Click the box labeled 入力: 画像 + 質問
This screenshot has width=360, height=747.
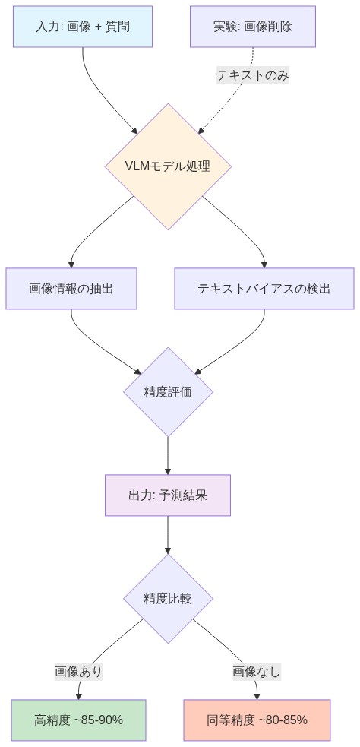point(83,27)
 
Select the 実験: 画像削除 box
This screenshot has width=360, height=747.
point(253,27)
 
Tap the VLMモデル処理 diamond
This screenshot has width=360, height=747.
point(168,166)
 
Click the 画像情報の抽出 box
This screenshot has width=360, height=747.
point(71,289)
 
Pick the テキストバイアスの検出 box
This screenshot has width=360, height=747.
point(264,289)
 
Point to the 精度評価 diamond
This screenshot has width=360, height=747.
point(168,392)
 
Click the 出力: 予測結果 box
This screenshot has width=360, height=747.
point(168,495)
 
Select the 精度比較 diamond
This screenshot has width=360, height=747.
point(168,599)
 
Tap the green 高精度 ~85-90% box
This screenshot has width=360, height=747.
point(79,720)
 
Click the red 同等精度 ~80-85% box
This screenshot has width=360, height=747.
point(257,720)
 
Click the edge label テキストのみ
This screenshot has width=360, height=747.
point(253,75)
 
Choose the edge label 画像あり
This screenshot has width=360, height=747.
point(79,672)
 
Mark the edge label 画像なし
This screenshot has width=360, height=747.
point(257,672)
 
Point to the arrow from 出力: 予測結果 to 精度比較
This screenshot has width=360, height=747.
point(168,536)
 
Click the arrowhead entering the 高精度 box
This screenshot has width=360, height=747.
point(79,695)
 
